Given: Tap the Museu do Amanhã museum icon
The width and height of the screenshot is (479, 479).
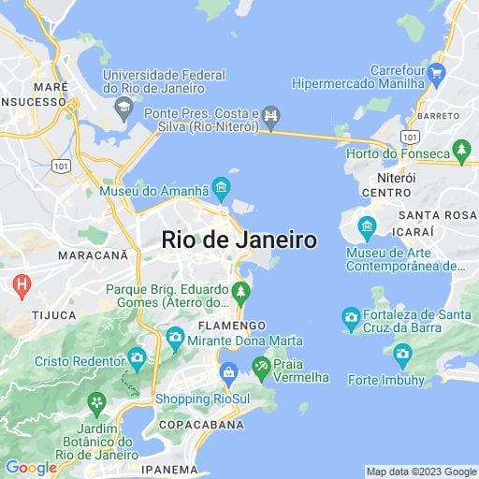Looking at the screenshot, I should pyautogui.click(x=221, y=190).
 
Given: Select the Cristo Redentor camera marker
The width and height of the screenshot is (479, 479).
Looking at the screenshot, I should pyautogui.click(x=138, y=356).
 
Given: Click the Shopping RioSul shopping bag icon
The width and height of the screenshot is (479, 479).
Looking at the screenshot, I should pyautogui.click(x=228, y=373).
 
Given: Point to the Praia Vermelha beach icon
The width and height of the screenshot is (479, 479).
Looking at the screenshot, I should pyautogui.click(x=261, y=368).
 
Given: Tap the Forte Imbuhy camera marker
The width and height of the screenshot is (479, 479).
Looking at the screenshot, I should pyautogui.click(x=402, y=354).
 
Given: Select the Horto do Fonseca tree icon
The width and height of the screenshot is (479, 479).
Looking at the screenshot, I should pyautogui.click(x=460, y=150).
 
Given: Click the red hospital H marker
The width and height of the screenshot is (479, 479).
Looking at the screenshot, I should pyautogui.click(x=18, y=283).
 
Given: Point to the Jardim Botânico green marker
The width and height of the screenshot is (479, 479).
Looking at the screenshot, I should pyautogui.click(x=95, y=403).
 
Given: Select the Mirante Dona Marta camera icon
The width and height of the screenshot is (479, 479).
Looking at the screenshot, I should pyautogui.click(x=175, y=337).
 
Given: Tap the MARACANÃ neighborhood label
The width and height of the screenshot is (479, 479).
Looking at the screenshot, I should pyautogui.click(x=93, y=254).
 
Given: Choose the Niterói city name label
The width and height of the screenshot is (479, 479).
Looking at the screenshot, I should pyautogui.click(x=395, y=176).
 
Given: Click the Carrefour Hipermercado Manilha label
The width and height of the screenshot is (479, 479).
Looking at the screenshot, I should pyautogui.click(x=399, y=77).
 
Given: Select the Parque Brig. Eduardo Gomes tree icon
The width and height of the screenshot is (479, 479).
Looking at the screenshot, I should pyautogui.click(x=241, y=296).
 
